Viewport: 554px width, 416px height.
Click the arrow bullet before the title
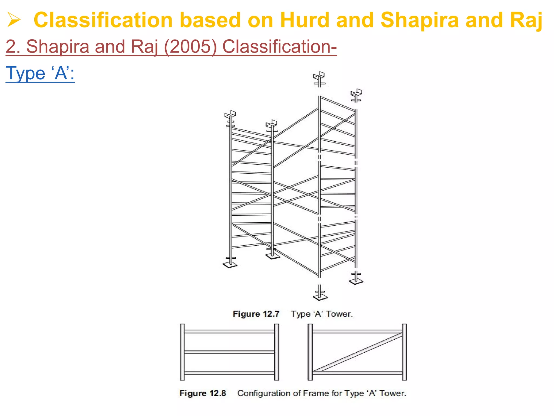coord(14,20)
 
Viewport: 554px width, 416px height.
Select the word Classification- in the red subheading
coord(279,47)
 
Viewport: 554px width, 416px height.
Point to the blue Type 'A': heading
coord(40,73)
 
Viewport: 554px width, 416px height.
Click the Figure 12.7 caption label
coord(256,314)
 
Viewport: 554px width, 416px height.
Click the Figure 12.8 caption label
coord(203,393)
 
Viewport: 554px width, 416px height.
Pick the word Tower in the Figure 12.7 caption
coord(339,314)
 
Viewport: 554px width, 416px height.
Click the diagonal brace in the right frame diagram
coord(357,352)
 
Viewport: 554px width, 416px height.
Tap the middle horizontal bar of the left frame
coord(229,352)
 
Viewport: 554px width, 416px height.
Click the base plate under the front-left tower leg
coord(230,265)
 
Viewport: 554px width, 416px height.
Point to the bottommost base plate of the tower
coord(320,297)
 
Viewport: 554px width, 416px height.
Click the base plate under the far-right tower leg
coord(356,282)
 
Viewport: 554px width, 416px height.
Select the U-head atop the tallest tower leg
coord(319,76)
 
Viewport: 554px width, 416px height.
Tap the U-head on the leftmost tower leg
coord(230,114)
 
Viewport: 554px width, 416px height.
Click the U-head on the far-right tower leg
coord(356,93)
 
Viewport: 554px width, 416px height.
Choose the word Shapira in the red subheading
coord(58,47)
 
